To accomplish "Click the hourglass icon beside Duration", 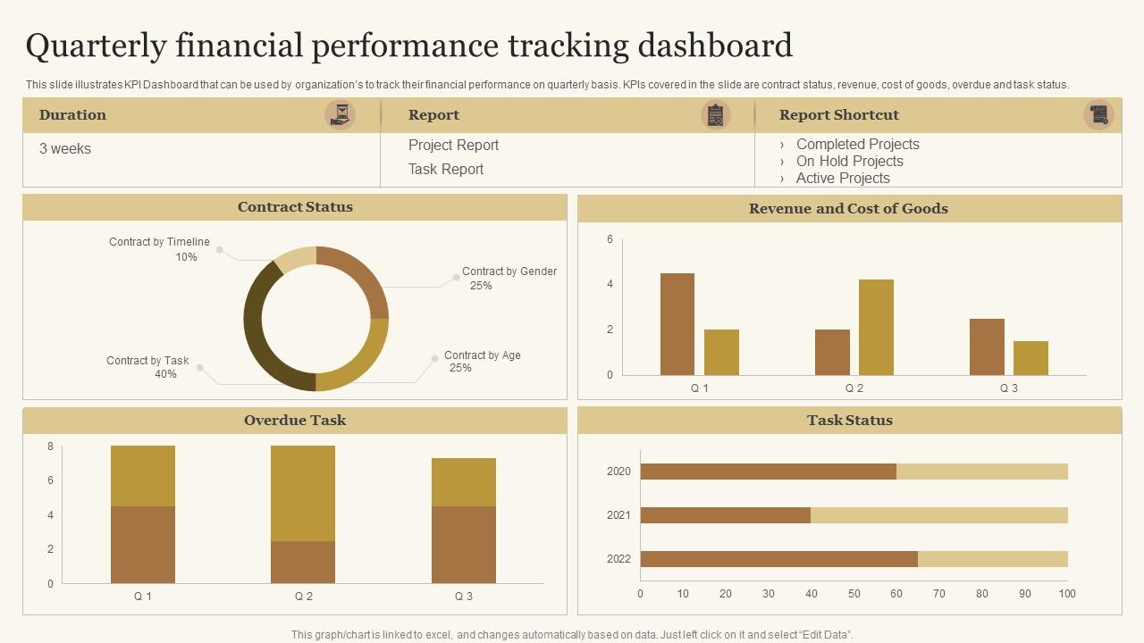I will pos(340,114).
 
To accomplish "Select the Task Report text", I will pos(446,169).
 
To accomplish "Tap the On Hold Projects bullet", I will pos(849,161).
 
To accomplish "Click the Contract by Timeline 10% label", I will pos(159,249).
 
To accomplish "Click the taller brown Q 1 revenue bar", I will pos(677,324).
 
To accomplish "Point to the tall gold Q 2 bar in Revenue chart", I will pos(876,327).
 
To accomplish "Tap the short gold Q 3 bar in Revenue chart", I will pos(1030,358).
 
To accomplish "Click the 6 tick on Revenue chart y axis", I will pos(610,239).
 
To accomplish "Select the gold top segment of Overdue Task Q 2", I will pos(303,493).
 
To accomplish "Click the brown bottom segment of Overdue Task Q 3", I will pos(464,545).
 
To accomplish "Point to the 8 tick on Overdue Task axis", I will pos(51,447).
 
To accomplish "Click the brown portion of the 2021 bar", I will pos(726,515).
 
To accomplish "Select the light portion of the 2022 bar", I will pos(992,559).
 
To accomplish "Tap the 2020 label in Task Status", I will pos(618,472).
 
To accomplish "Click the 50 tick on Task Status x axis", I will pos(854,594).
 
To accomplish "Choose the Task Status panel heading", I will pos(849,421).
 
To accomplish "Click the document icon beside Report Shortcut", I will pos(1098,114).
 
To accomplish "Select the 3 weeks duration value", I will pos(65,149).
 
